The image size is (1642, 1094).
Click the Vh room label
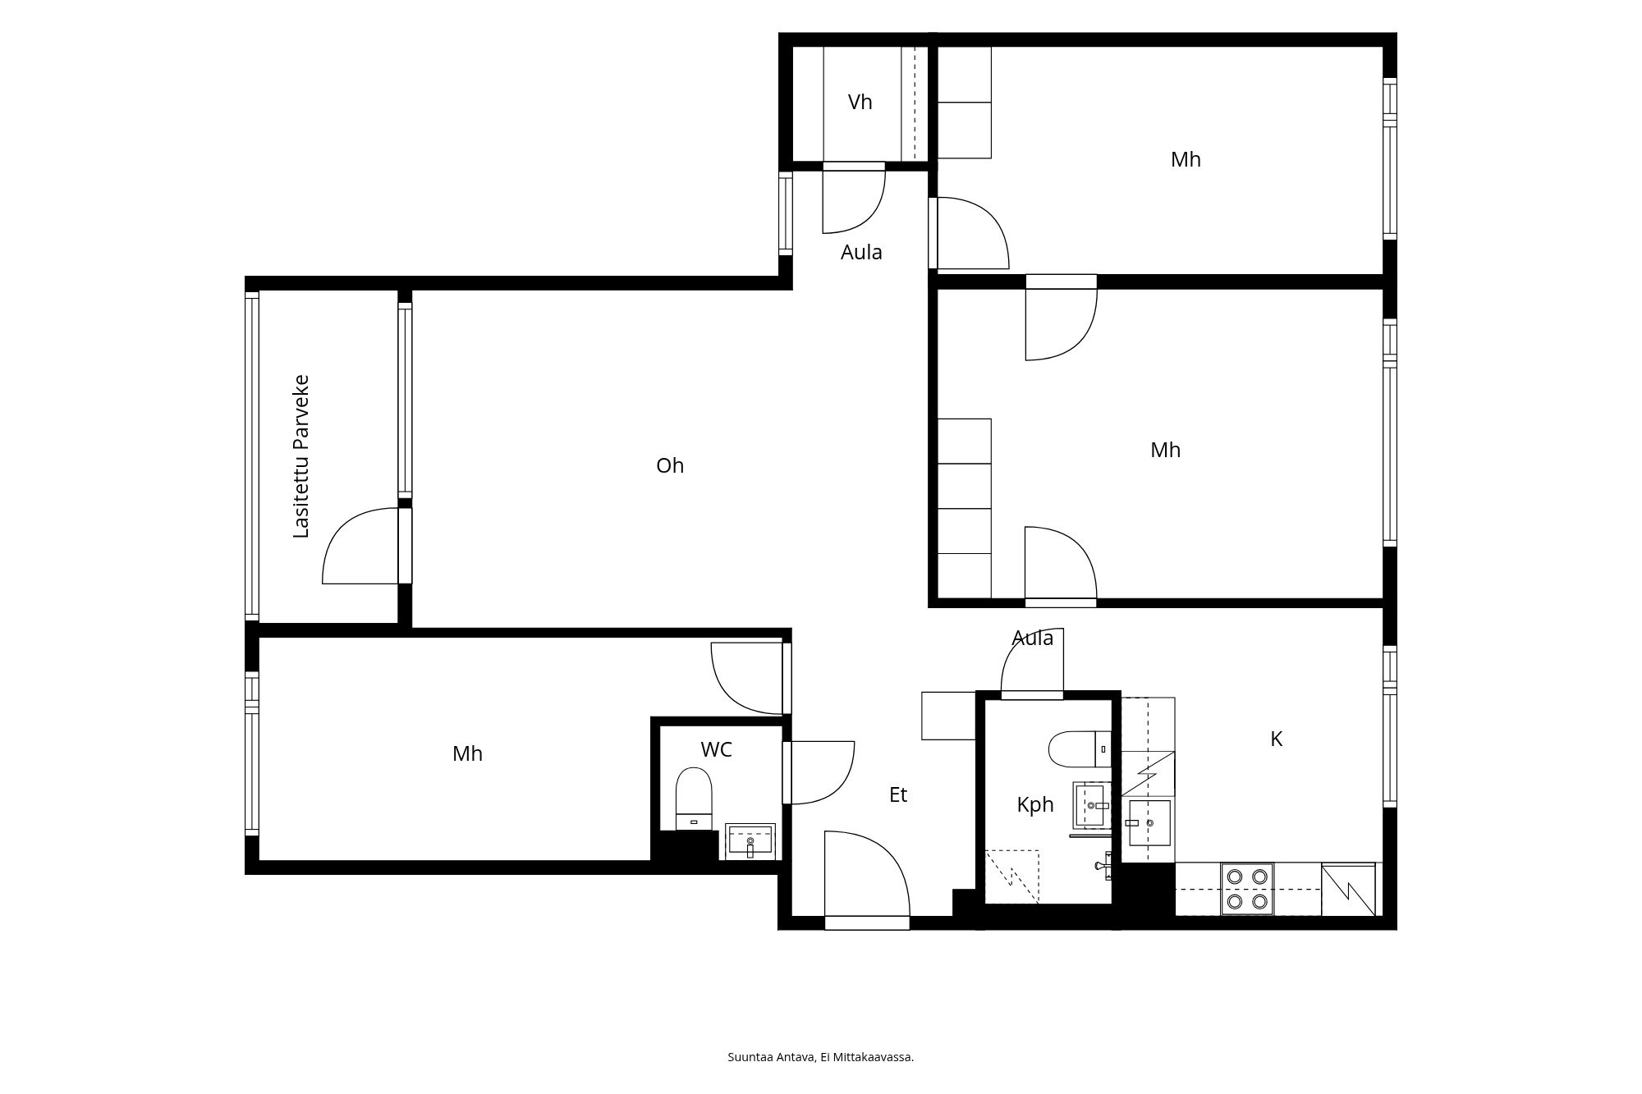(x=860, y=103)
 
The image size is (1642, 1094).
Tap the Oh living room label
(x=670, y=466)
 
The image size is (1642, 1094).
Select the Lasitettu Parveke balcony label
(x=301, y=456)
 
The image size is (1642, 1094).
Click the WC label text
(x=716, y=749)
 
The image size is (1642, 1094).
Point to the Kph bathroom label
(x=1035, y=805)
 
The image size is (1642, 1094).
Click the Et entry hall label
(x=898, y=794)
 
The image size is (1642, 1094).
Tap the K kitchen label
(x=1277, y=739)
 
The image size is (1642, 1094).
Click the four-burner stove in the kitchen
(x=1247, y=889)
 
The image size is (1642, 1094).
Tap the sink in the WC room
(x=750, y=842)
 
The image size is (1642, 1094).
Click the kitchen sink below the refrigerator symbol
(x=1149, y=822)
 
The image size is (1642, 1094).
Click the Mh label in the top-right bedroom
(x=1186, y=160)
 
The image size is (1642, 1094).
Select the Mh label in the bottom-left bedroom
(x=467, y=754)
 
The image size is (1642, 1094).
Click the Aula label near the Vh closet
(x=861, y=253)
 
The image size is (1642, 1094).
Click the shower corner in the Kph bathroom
(x=1011, y=877)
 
